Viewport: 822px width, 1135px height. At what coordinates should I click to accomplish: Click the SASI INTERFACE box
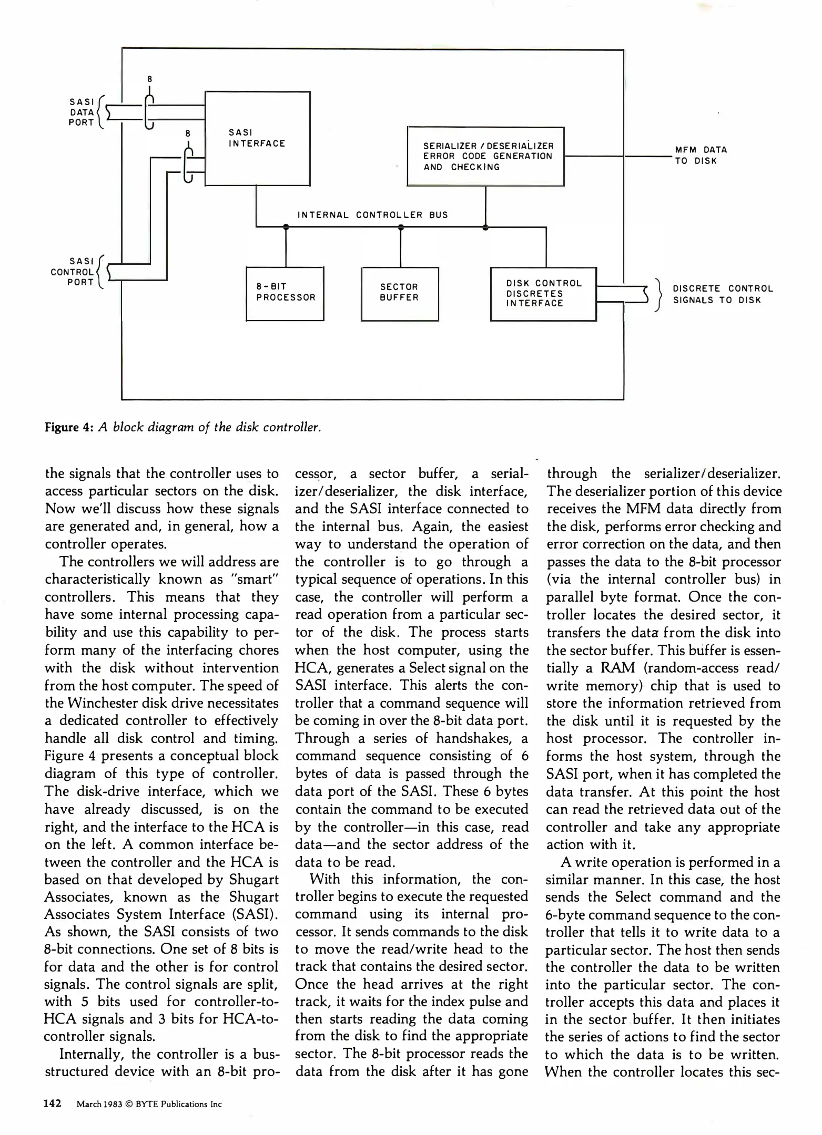pyautogui.click(x=257, y=138)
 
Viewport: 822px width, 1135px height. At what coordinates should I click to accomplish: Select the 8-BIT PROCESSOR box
pyautogui.click(x=285, y=293)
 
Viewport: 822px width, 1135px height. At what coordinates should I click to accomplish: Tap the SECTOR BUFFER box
pyautogui.click(x=400, y=293)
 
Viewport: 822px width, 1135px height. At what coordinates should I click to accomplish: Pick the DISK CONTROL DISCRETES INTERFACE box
pyautogui.click(x=543, y=294)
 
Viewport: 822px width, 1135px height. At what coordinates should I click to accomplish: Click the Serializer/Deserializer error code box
pyautogui.click(x=485, y=156)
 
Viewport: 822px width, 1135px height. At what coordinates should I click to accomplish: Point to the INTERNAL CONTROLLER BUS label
pyautogui.click(x=372, y=215)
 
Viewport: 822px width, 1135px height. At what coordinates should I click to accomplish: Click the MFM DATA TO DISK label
pyautogui.click(x=701, y=156)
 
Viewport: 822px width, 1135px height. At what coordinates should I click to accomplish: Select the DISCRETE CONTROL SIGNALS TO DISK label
pyautogui.click(x=723, y=294)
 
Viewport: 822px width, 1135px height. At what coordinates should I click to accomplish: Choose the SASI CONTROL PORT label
pyautogui.click(x=73, y=272)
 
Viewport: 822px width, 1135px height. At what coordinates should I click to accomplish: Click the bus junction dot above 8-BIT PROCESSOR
pyautogui.click(x=286, y=228)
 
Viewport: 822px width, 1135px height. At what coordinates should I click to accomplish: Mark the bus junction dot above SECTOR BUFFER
pyautogui.click(x=401, y=228)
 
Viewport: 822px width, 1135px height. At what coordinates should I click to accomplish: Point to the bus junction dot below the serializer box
pyautogui.click(x=485, y=228)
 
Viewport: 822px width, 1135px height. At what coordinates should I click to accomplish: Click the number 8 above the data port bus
pyautogui.click(x=149, y=79)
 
